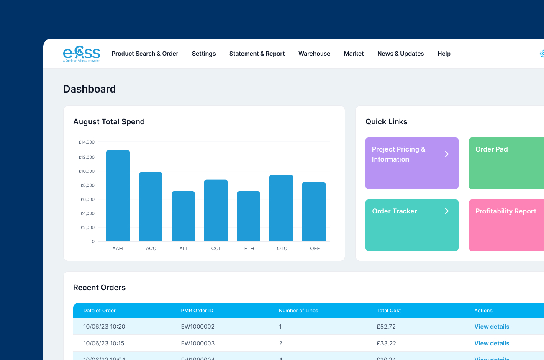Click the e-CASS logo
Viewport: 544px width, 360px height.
[82, 54]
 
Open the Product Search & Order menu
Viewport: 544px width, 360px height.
[145, 54]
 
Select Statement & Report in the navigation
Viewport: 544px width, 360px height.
[257, 54]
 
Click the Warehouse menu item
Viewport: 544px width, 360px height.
[314, 54]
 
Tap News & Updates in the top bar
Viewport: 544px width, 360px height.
[400, 54]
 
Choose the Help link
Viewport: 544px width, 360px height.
[444, 54]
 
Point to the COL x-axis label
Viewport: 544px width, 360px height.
[216, 249]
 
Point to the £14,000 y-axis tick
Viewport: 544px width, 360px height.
[87, 142]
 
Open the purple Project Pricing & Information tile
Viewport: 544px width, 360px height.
[412, 163]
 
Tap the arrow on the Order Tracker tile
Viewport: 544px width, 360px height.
[447, 211]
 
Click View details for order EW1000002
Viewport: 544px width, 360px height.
[492, 327]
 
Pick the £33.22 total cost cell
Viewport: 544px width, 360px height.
[386, 343]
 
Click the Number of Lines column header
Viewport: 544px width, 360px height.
[298, 311]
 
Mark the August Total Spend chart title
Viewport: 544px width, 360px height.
[109, 122]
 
